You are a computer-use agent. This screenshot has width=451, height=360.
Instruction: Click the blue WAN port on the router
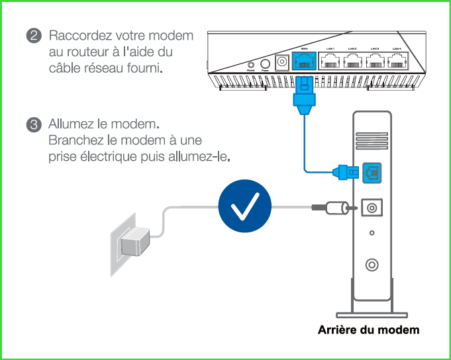[304, 62]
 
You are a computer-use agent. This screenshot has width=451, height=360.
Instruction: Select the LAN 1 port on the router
[330, 62]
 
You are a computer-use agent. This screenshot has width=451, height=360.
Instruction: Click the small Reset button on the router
[251, 65]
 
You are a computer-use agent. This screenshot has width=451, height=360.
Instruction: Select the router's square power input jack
[281, 62]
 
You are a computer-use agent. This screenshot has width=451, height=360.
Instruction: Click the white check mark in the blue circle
[245, 207]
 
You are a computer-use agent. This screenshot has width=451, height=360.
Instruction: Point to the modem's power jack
[372, 208]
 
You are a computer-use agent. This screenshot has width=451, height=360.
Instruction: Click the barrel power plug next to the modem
[334, 208]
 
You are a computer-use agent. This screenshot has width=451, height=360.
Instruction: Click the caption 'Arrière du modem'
[369, 330]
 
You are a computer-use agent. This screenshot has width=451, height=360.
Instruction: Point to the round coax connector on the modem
[372, 264]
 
